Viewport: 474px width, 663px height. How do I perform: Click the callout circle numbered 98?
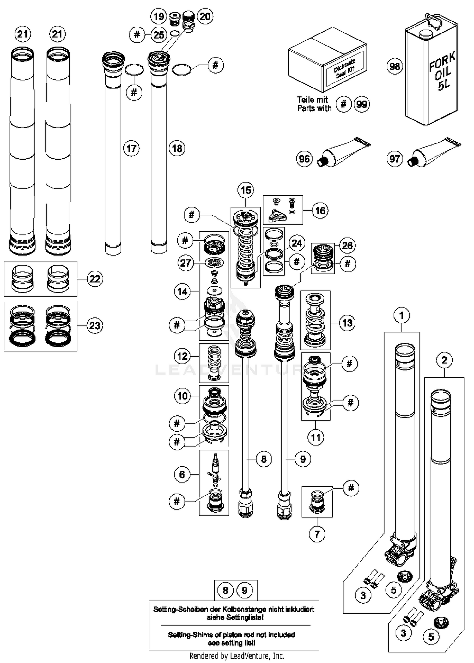point(395,66)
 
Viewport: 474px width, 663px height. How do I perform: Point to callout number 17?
point(131,148)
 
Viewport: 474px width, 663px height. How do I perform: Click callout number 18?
point(177,148)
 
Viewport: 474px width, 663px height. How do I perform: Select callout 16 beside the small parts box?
point(320,210)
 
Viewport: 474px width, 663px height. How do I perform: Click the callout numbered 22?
point(95,279)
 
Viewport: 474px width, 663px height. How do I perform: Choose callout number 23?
point(95,325)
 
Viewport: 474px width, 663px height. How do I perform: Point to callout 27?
point(185,263)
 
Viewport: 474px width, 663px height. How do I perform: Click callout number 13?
point(347,323)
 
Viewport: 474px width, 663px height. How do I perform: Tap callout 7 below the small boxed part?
point(317,534)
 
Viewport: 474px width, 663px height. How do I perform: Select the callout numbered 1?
point(402,315)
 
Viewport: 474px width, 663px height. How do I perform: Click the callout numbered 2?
point(444,360)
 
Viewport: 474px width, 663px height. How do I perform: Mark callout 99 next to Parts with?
point(362,104)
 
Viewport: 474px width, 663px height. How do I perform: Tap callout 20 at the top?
point(205,16)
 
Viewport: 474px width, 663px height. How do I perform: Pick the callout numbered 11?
point(316,437)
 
